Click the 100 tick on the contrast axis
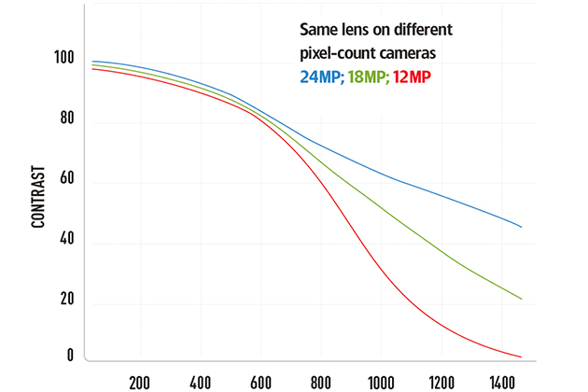[63, 58]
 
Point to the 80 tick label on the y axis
[65, 121]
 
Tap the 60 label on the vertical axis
[65, 182]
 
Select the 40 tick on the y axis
[65, 243]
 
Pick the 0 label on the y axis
[69, 355]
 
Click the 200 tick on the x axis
[140, 382]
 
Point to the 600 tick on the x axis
[260, 382]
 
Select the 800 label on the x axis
[320, 382]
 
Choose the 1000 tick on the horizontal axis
[380, 382]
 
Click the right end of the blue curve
[521, 227]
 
